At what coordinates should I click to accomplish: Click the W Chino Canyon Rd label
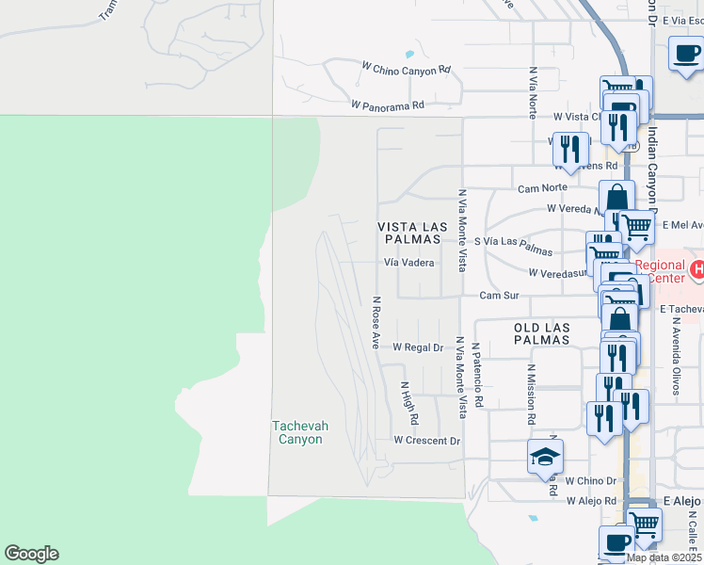(407, 69)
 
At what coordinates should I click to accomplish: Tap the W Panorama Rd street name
(387, 105)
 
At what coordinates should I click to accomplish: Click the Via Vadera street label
(408, 264)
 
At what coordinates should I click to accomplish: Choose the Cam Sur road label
(499, 295)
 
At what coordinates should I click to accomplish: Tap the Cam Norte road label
(540, 188)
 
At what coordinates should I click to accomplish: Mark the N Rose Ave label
(376, 323)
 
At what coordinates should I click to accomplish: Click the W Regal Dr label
(418, 347)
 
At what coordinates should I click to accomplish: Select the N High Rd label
(408, 402)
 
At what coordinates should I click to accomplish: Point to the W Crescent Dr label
(426, 441)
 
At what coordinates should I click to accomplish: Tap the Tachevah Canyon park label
(300, 433)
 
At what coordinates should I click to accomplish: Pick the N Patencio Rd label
(478, 375)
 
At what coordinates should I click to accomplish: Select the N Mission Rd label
(531, 395)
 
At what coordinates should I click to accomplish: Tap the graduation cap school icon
(545, 457)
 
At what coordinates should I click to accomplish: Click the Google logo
(31, 554)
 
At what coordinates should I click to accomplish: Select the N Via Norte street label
(533, 91)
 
